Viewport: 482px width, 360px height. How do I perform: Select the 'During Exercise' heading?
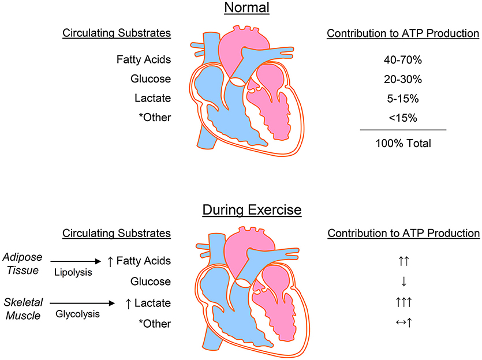pyautogui.click(x=251, y=209)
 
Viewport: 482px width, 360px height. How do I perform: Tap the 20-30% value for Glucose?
pyautogui.click(x=403, y=78)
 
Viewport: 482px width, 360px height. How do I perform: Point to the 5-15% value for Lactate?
pyautogui.click(x=403, y=99)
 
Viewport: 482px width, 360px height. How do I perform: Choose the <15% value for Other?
pyautogui.click(x=403, y=119)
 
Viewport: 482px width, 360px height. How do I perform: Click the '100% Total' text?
pyautogui.click(x=403, y=143)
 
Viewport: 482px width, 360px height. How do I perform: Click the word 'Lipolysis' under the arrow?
pyautogui.click(x=74, y=272)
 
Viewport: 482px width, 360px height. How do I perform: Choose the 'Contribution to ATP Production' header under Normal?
pyautogui.click(x=403, y=33)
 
